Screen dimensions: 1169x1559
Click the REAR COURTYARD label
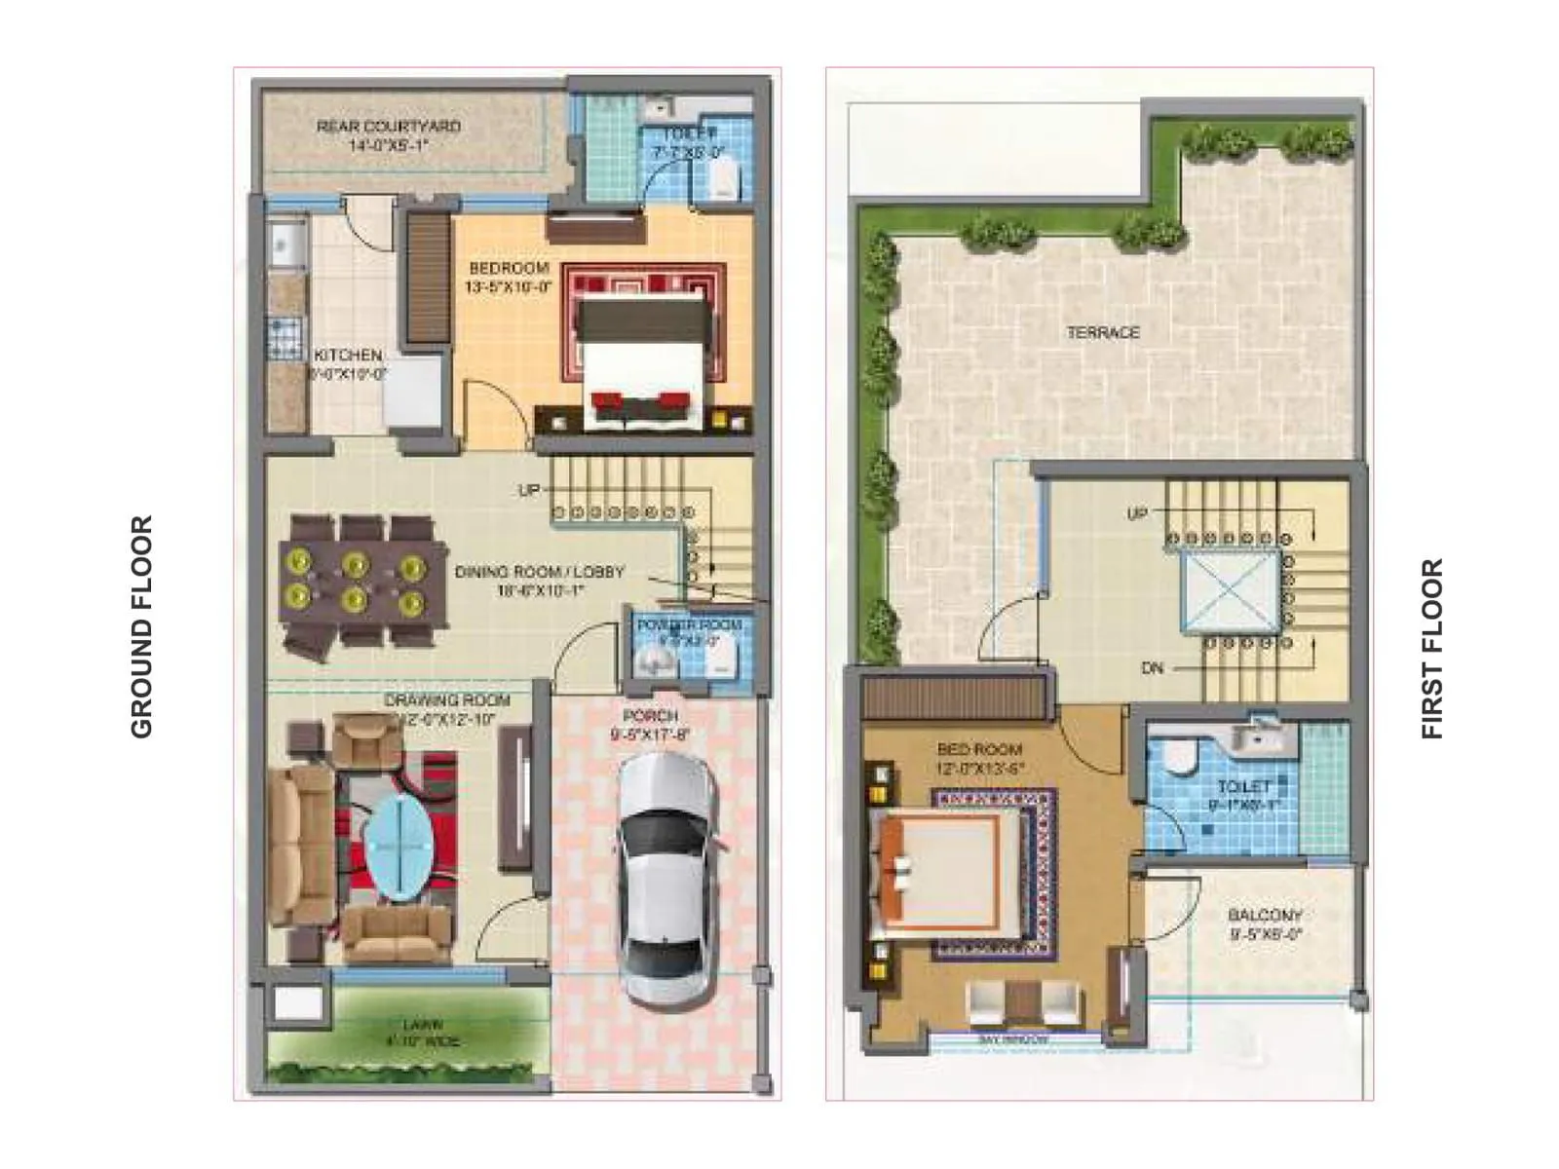(389, 127)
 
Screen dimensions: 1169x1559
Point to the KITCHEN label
(348, 356)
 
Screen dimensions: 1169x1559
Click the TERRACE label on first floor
(1103, 332)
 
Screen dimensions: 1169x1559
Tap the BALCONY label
(1265, 916)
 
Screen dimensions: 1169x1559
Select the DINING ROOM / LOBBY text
(540, 572)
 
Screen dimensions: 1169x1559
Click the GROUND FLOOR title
(142, 626)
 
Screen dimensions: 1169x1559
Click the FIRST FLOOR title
(1431, 649)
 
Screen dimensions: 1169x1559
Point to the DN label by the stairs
(1152, 668)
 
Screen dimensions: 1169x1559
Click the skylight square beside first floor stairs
(1231, 592)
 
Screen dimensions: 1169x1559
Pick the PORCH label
(650, 716)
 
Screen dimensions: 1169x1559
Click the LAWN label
(421, 1025)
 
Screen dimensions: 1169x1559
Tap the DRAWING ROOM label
(446, 700)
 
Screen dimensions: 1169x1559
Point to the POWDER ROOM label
(690, 624)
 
